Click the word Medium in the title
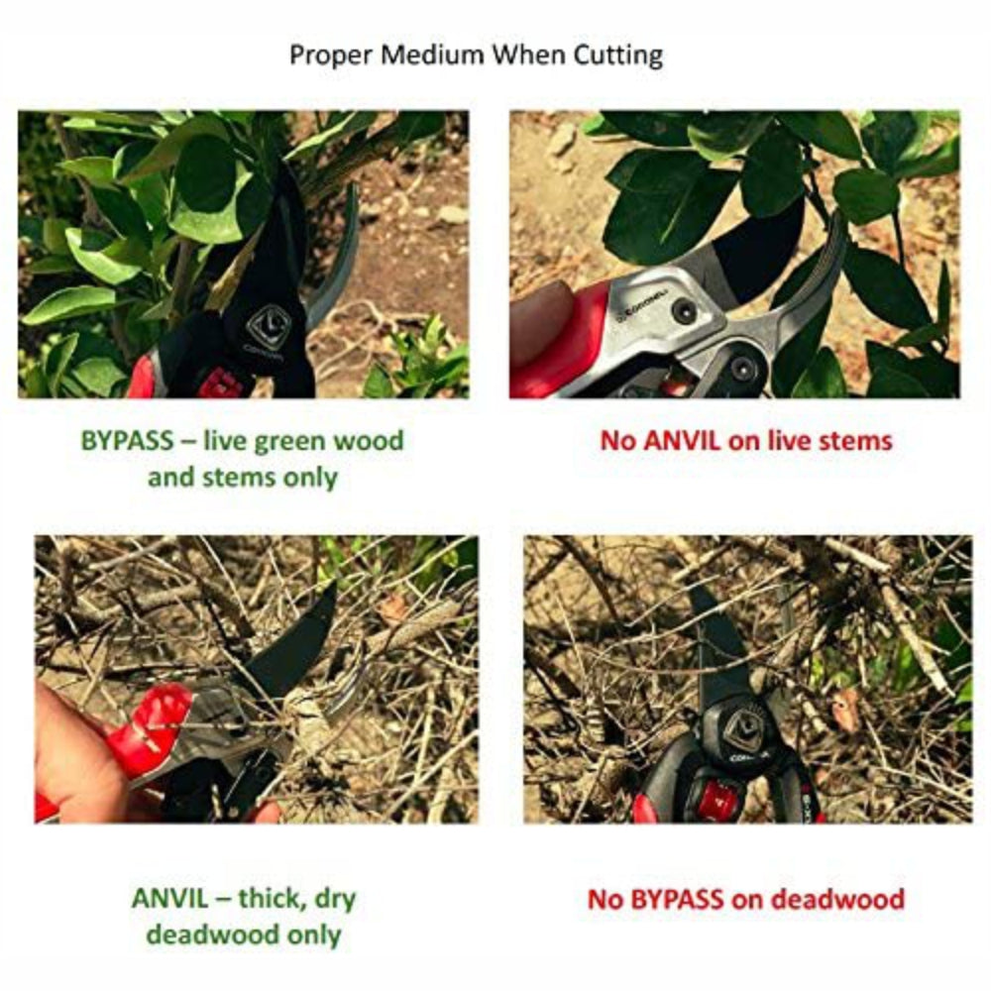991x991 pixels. (x=432, y=55)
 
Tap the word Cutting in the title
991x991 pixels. (x=617, y=55)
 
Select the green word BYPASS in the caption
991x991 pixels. (x=127, y=441)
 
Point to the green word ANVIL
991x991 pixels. (x=169, y=898)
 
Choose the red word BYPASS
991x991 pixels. (x=677, y=899)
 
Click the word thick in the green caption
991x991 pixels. (x=271, y=898)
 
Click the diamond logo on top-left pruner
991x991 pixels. (x=268, y=325)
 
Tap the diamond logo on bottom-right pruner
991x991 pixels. (x=744, y=728)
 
